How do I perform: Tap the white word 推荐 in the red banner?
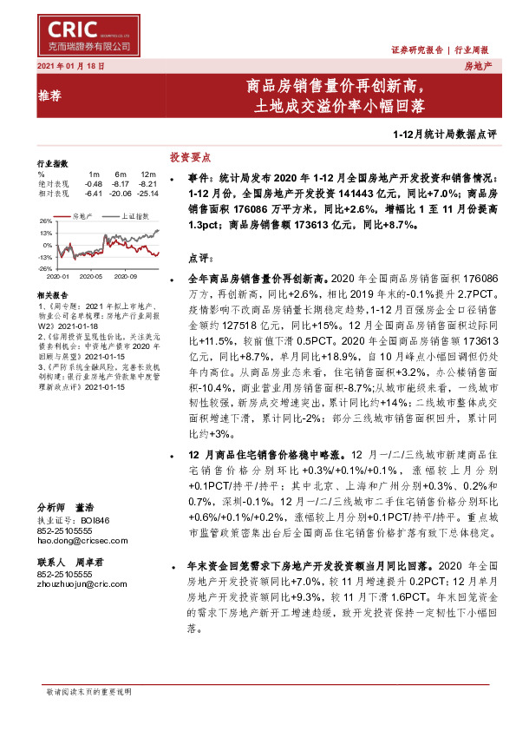tap(50, 97)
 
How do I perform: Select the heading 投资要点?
tap(190, 157)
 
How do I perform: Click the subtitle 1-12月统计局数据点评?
tap(444, 135)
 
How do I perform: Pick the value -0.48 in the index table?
tap(94, 184)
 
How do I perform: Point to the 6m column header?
tap(121, 175)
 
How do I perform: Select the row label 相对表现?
tap(50, 194)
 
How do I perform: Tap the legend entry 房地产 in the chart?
tap(84, 213)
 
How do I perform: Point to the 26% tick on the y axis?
tap(44, 221)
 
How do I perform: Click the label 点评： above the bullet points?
tap(199, 258)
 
